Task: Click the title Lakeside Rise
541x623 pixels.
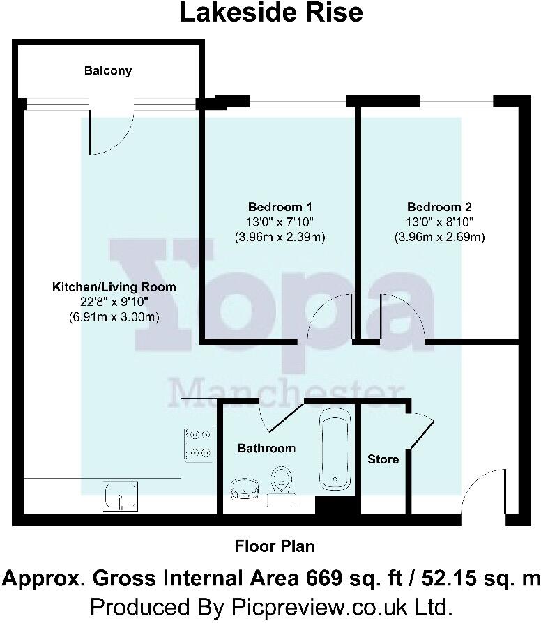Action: click(271, 13)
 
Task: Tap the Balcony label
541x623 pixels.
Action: click(108, 70)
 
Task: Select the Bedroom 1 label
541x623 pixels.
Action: click(280, 207)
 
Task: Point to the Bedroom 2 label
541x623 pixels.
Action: click(439, 207)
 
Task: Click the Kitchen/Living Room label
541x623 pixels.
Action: click(114, 286)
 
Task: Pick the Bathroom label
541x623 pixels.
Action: click(266, 448)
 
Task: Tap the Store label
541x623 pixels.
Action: click(383, 459)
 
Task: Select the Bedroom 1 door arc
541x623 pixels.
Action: click(328, 317)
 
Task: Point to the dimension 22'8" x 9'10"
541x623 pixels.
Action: click(114, 302)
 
